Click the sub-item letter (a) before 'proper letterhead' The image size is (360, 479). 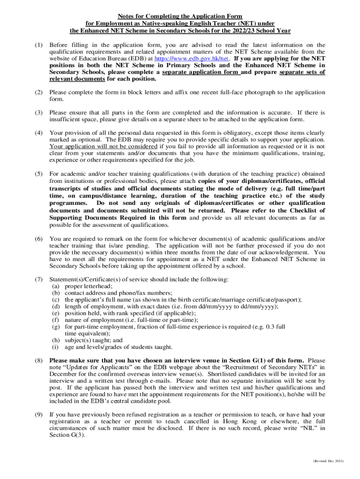(55, 286)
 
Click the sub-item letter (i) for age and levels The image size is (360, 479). (55, 347)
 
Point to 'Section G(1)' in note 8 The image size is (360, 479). (249, 360)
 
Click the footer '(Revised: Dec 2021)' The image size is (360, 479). (328, 461)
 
